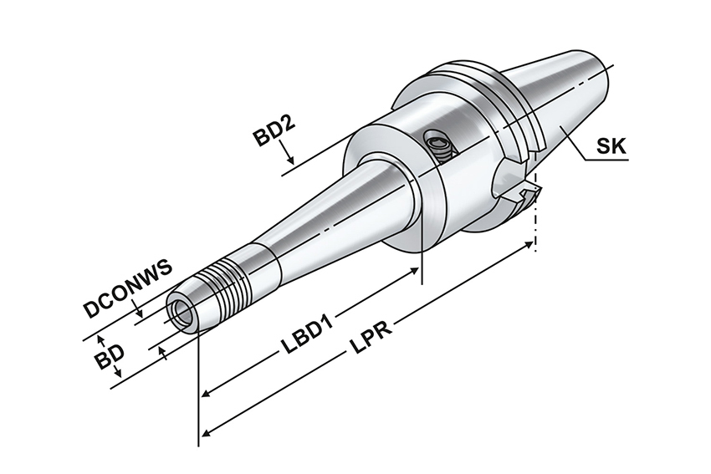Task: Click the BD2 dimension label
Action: tap(274, 130)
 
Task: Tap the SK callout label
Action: tap(611, 146)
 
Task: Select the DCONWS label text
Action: tap(128, 288)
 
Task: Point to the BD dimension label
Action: tap(110, 356)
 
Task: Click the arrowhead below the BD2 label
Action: tap(290, 160)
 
